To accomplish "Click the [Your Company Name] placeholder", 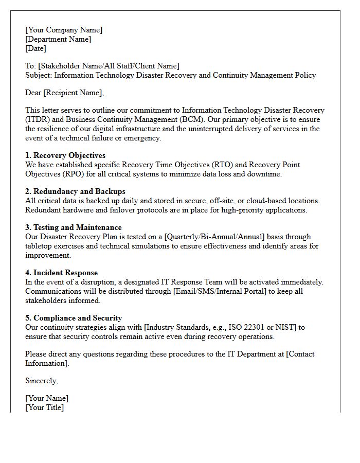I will pos(64,30).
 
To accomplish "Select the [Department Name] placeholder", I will pos(58,39).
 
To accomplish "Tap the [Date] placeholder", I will pos(35,48).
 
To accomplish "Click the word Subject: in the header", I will pos(39,75).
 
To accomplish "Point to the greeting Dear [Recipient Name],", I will pos(64,93).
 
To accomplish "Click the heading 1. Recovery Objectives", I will pos(65,155).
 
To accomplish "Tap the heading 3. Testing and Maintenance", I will pos(74,227).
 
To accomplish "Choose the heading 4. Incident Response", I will pos(61,273).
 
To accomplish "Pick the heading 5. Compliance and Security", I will pos(74,318).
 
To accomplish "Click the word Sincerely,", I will pos(42,381).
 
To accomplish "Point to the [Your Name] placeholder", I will pos(47,398).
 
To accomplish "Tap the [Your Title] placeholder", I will pos(45,407).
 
